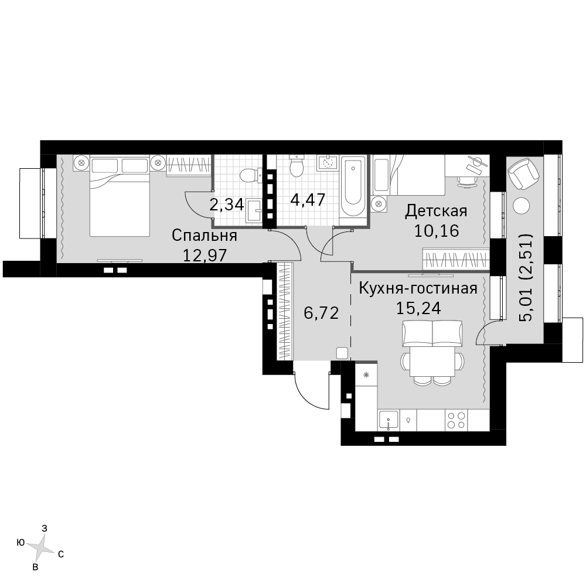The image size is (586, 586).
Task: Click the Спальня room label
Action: [205, 236]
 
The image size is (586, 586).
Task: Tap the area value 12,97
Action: [205, 255]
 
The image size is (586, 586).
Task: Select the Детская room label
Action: [437, 211]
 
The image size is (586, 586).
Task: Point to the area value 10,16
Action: [437, 231]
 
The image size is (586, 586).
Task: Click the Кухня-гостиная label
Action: [418, 288]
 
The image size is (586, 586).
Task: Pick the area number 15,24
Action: [418, 308]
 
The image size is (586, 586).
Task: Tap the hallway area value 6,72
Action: [321, 312]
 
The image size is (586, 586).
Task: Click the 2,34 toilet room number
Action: [227, 205]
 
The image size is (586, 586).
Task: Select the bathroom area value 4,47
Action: [308, 199]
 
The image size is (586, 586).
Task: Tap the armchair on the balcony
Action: [523, 173]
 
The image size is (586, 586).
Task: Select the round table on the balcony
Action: [522, 206]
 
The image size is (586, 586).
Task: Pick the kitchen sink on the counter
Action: [389, 420]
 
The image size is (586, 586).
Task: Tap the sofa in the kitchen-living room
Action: [432, 333]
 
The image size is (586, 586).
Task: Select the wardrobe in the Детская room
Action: [456, 258]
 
